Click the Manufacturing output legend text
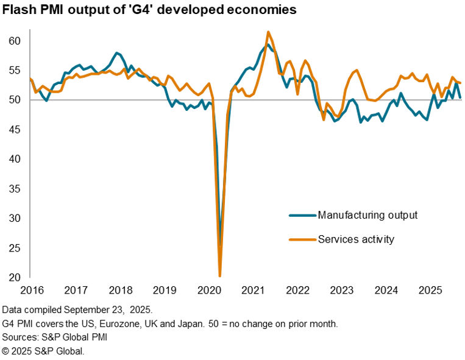(367, 214)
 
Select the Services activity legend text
(356, 239)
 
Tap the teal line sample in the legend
(302, 215)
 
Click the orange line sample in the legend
(302, 239)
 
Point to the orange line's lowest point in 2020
(219, 276)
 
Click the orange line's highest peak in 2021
(269, 32)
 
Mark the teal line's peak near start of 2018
(117, 53)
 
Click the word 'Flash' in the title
(18, 10)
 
